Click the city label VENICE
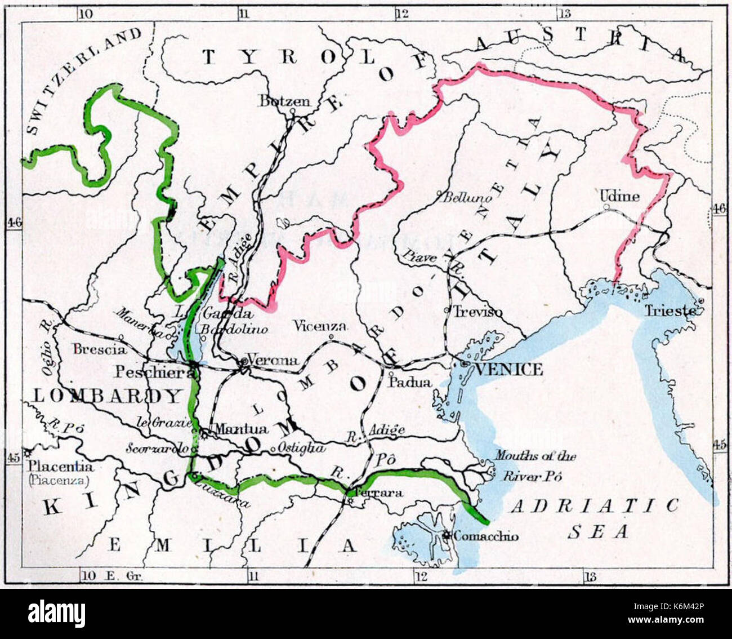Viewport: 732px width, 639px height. click(x=509, y=370)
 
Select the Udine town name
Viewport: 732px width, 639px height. click(x=619, y=196)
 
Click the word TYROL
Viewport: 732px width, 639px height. click(x=288, y=57)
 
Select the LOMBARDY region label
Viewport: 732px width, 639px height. click(x=108, y=396)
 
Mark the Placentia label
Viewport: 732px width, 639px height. click(x=62, y=467)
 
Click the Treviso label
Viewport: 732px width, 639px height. click(x=478, y=312)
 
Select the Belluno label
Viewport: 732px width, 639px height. click(x=467, y=198)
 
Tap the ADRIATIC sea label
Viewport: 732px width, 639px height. click(x=594, y=505)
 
